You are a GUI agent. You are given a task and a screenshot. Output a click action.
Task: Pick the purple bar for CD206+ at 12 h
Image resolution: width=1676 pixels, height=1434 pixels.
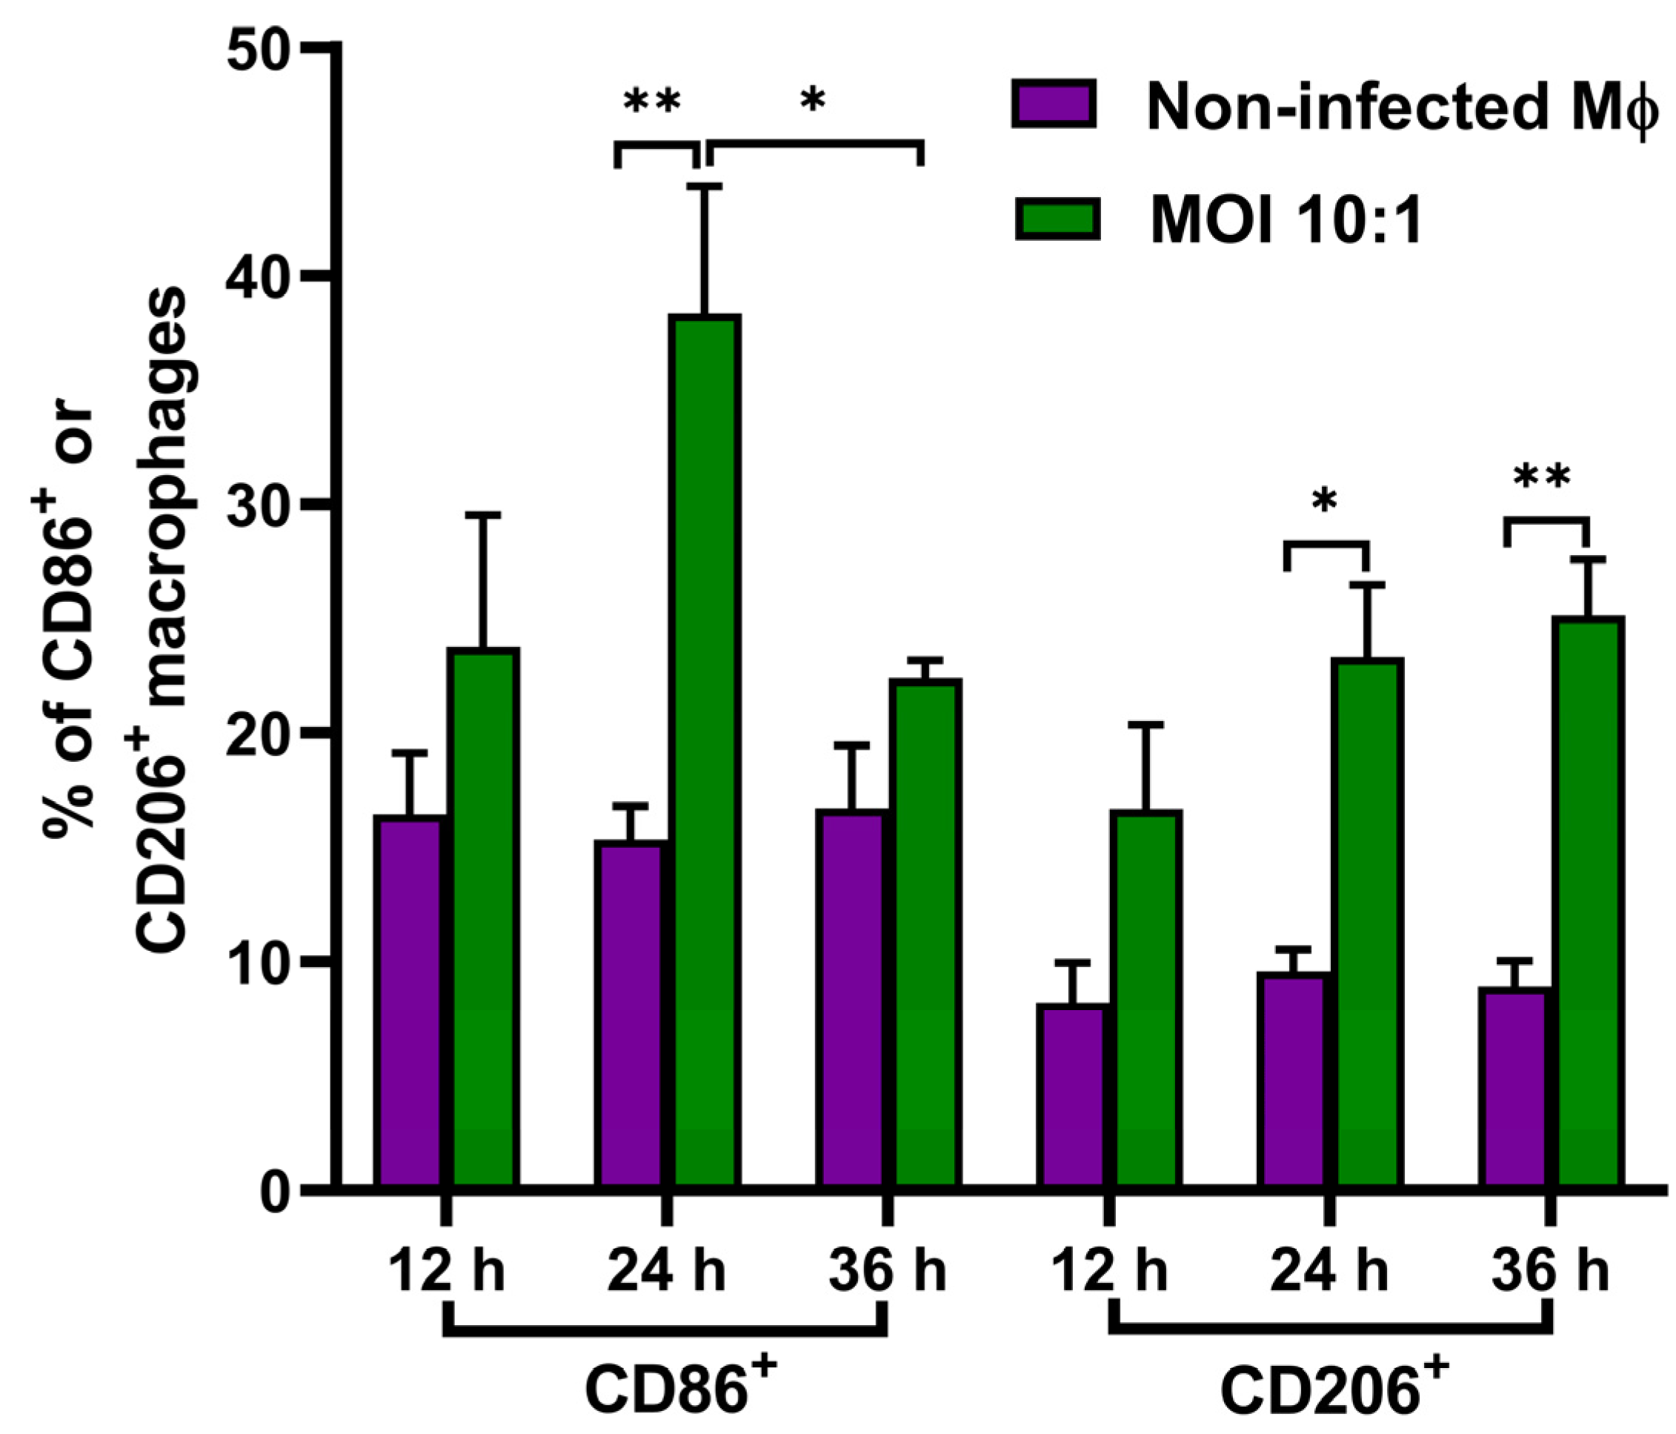tap(1072, 1096)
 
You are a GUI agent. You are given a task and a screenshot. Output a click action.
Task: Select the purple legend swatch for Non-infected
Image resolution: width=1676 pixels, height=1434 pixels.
tap(1054, 104)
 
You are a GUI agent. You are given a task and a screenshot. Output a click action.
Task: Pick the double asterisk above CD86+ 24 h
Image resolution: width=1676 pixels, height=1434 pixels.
tap(652, 103)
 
